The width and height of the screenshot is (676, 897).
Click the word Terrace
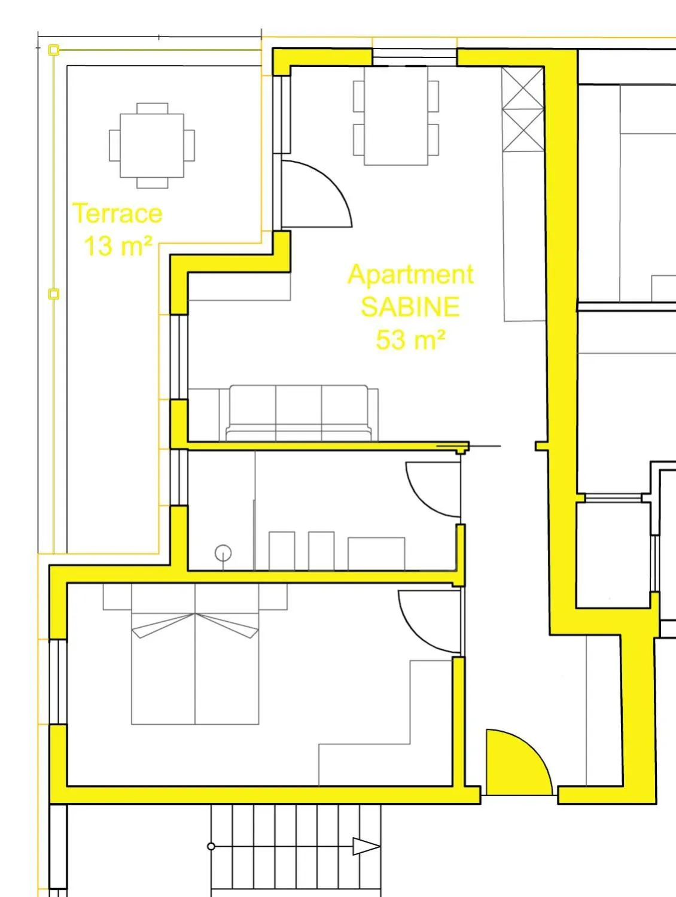[x=117, y=214]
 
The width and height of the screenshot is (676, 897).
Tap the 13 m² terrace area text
[x=118, y=245]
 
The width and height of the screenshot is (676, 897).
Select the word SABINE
[x=410, y=306]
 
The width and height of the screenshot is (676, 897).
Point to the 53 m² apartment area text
[x=410, y=339]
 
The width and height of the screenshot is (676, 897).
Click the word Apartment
[x=410, y=274]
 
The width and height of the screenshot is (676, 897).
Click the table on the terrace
[x=152, y=145]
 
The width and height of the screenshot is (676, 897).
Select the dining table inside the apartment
[x=396, y=115]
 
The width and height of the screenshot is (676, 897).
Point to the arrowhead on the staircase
[x=366, y=846]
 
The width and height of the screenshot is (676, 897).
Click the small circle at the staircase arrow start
[x=211, y=846]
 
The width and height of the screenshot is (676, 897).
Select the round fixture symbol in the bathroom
[x=223, y=552]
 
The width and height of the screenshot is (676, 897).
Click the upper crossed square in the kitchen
[x=523, y=87]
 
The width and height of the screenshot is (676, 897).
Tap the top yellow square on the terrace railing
[x=53, y=50]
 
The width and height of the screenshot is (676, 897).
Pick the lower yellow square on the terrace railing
[x=53, y=294]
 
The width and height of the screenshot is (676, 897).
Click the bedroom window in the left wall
[x=58, y=682]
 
